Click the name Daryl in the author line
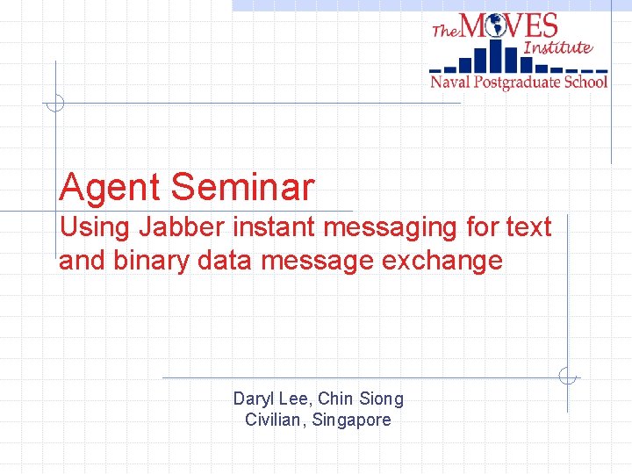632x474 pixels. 252,399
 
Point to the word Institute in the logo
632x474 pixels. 557,47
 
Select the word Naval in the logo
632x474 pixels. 449,83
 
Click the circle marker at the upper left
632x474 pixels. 54,103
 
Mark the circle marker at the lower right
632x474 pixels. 568,377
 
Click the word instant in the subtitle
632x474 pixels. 275,228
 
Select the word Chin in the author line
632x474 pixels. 334,399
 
